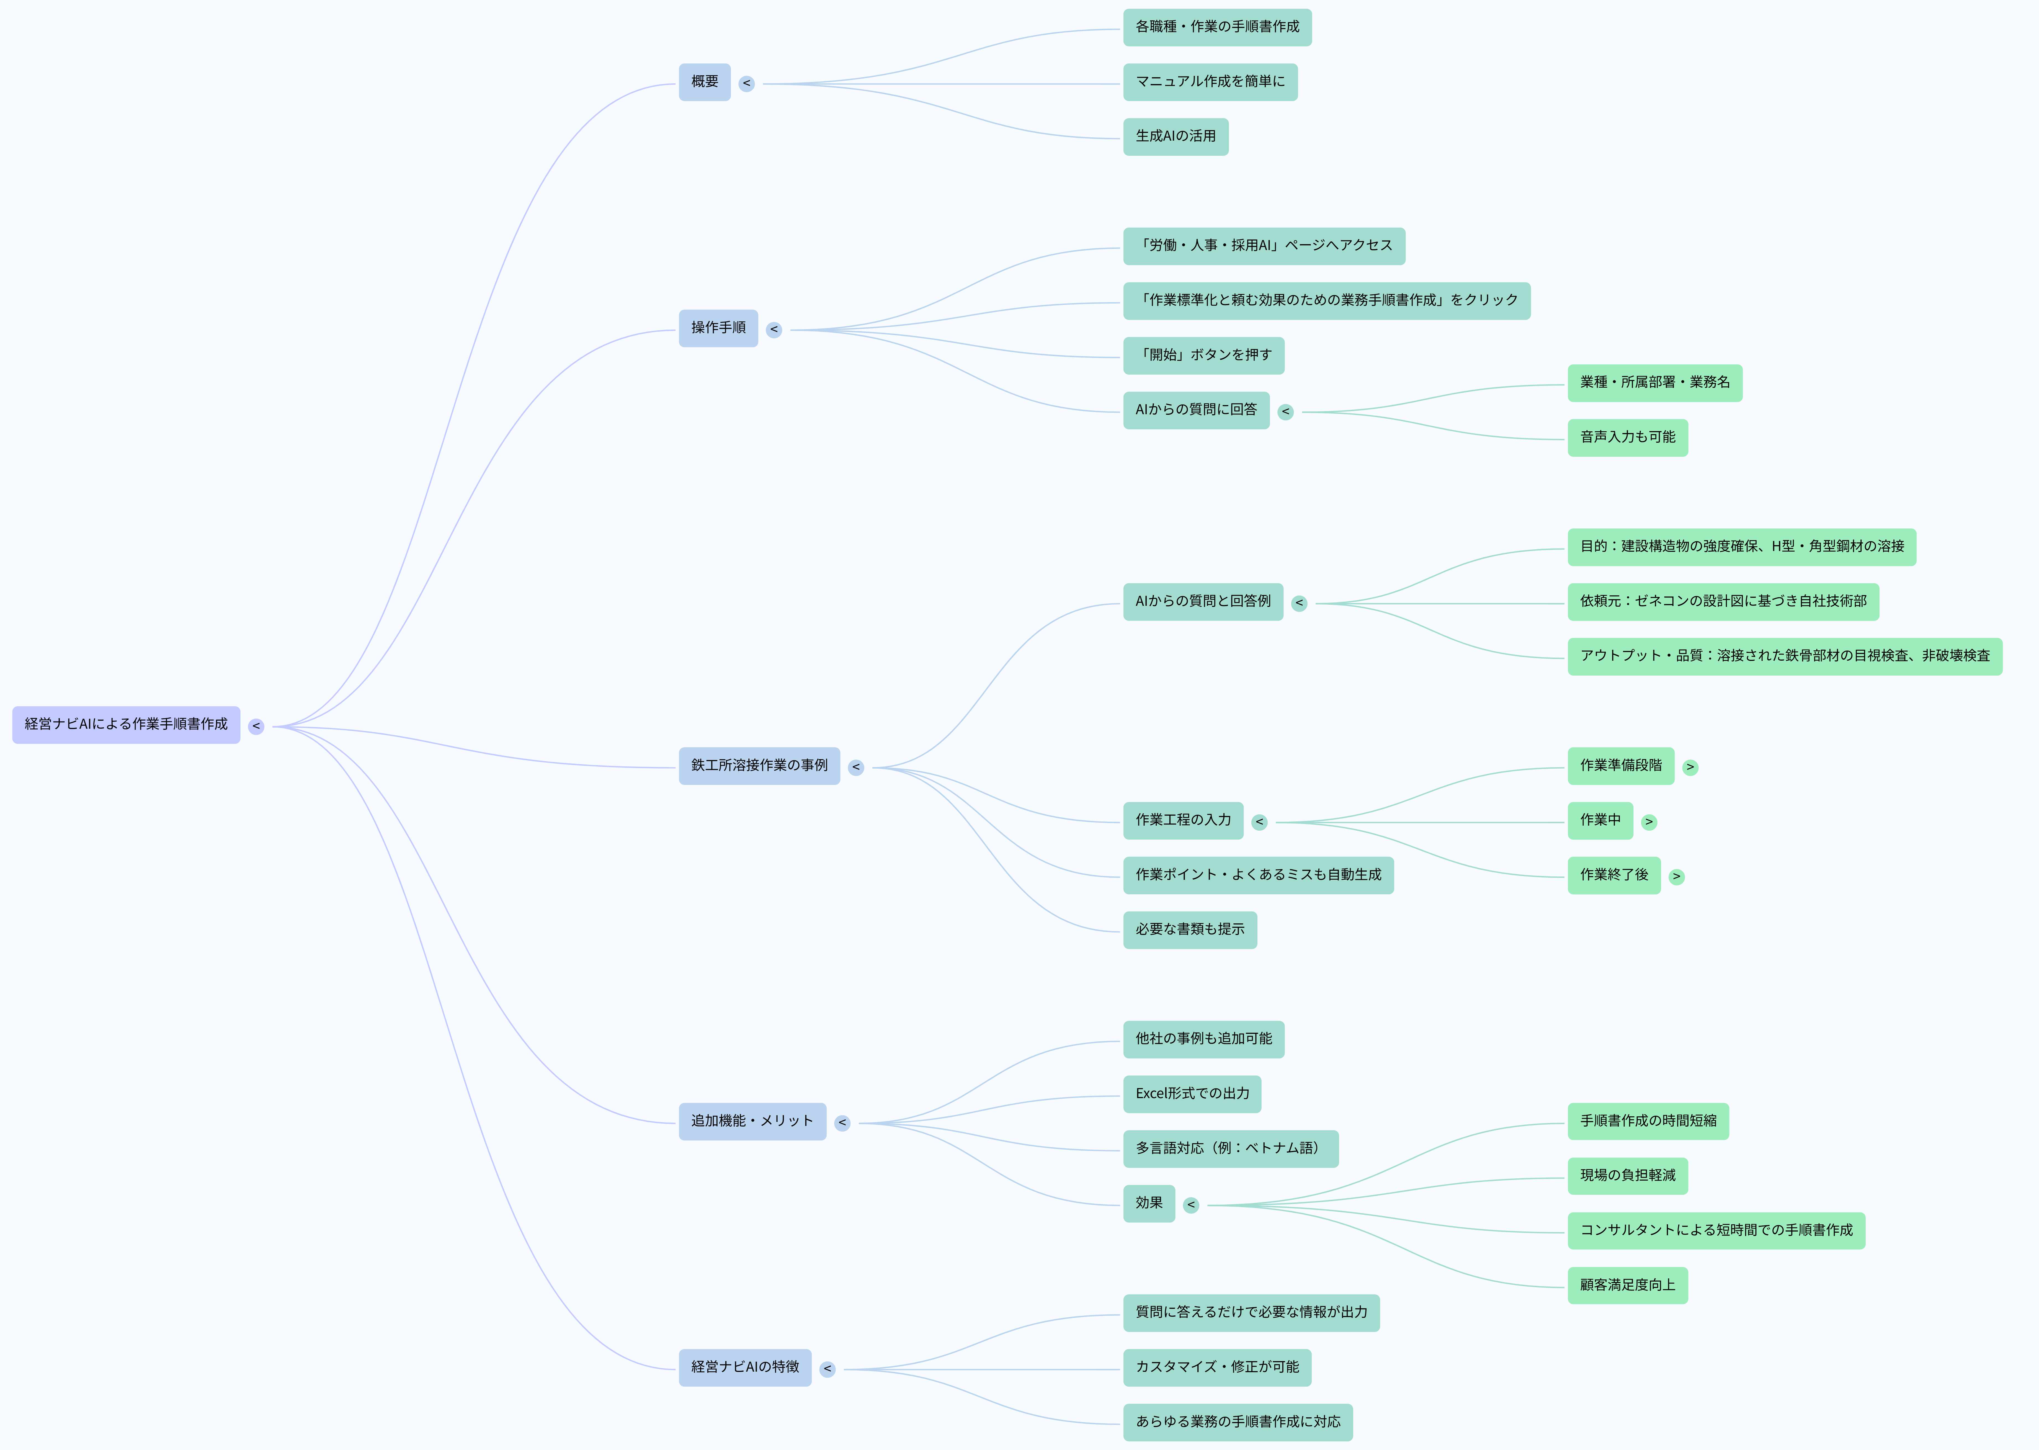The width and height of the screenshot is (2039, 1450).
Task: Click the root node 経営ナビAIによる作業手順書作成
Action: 126,724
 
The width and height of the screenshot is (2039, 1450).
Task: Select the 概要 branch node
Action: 704,82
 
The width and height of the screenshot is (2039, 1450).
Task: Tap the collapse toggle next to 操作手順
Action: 774,329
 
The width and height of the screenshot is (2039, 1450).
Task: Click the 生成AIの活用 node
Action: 1175,136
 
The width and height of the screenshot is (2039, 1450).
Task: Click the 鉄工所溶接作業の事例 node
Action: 759,766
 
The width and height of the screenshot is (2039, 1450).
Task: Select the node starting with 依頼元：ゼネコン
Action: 1722,602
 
